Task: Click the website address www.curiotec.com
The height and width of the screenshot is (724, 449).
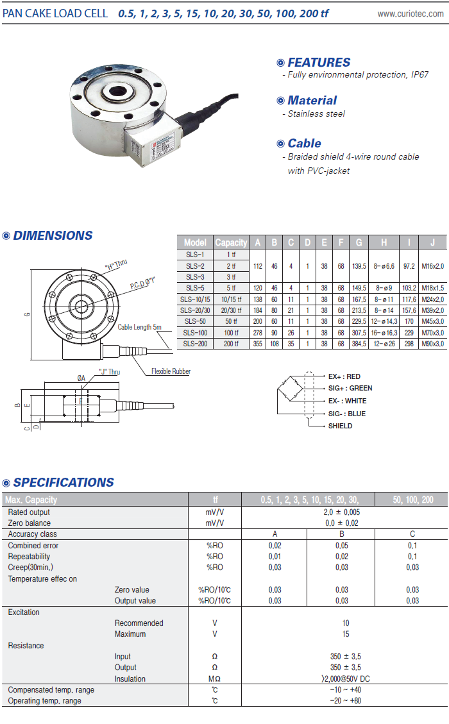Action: [x=410, y=13]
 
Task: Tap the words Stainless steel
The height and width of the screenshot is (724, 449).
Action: [x=316, y=114]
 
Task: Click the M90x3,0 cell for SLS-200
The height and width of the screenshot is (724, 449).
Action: [x=433, y=344]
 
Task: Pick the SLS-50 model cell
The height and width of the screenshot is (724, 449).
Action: [x=195, y=321]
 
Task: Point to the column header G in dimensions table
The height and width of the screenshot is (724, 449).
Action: [x=359, y=242]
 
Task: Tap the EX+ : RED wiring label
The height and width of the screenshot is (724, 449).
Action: [x=344, y=376]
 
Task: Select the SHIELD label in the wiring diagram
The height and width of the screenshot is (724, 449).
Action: [x=340, y=426]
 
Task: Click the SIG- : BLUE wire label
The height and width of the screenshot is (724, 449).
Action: [x=346, y=414]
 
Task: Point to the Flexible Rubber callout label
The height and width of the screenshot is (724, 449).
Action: [x=171, y=371]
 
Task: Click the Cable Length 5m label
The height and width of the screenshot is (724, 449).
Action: [x=140, y=327]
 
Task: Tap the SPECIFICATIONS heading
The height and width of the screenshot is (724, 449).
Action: [x=64, y=482]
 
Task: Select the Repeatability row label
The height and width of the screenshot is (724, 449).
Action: [x=29, y=557]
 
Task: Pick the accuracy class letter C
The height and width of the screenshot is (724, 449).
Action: [x=412, y=534]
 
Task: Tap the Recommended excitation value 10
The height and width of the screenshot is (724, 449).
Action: [x=346, y=623]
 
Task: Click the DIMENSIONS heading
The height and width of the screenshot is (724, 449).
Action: [x=53, y=235]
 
